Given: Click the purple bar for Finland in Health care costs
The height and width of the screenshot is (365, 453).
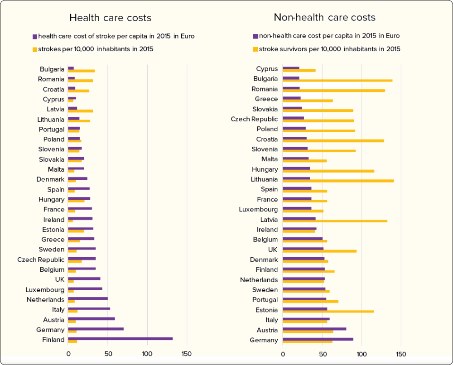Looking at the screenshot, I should click(120, 339).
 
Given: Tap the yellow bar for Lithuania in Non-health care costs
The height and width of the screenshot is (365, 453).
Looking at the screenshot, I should click(338, 181).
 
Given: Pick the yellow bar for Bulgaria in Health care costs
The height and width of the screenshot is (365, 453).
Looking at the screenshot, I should click(81, 71).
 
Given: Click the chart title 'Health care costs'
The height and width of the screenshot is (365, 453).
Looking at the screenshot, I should click(110, 18).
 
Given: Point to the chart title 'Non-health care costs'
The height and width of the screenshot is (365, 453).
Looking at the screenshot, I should click(324, 18).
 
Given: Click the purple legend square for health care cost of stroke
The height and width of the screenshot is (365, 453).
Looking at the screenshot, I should click(34, 36).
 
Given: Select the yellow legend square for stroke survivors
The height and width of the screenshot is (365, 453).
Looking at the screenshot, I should click(255, 49).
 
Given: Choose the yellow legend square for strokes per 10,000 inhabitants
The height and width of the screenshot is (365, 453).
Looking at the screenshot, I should click(34, 49).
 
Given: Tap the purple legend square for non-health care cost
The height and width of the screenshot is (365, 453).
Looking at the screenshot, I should click(255, 36).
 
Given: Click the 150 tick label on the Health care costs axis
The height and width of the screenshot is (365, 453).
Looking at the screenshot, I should click(187, 354).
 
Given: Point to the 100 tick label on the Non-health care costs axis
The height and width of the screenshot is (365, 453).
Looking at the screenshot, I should click(361, 354).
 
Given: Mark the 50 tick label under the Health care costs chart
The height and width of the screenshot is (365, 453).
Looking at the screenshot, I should click(107, 354).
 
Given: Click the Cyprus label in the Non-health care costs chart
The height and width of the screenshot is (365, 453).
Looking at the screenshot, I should click(267, 69).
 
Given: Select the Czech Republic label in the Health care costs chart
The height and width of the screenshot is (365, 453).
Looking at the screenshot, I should click(41, 259).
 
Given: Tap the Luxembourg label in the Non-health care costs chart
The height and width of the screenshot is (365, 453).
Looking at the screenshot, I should click(258, 209).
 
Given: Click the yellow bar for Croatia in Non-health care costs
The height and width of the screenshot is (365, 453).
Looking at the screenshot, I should click(333, 141).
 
